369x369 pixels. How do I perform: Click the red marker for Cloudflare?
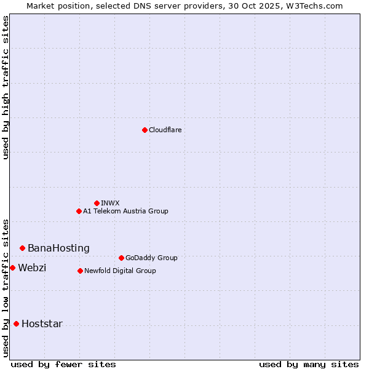click(x=145, y=130)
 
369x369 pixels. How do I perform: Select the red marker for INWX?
click(x=97, y=203)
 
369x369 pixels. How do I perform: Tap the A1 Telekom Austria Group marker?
click(x=79, y=211)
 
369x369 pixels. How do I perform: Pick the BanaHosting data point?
click(x=22, y=248)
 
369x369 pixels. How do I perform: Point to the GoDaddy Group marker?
click(x=121, y=258)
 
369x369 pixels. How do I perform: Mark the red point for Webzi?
click(x=12, y=268)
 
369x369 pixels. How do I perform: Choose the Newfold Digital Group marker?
click(x=80, y=271)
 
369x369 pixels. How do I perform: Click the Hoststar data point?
click(x=16, y=323)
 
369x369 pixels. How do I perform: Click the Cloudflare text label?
click(x=165, y=130)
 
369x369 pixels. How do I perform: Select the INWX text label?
click(x=110, y=203)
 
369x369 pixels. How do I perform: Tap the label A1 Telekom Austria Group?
click(x=125, y=211)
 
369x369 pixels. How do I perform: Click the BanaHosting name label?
click(x=58, y=248)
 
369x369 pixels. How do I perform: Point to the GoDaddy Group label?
click(x=151, y=258)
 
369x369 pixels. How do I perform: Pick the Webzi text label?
click(x=32, y=268)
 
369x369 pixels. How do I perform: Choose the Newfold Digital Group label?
click(x=120, y=271)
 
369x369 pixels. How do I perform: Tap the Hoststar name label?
click(x=42, y=323)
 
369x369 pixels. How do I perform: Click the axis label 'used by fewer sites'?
click(x=63, y=364)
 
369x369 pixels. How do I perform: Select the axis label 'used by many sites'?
click(x=309, y=364)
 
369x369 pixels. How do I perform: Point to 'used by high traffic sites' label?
click(x=6, y=87)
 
